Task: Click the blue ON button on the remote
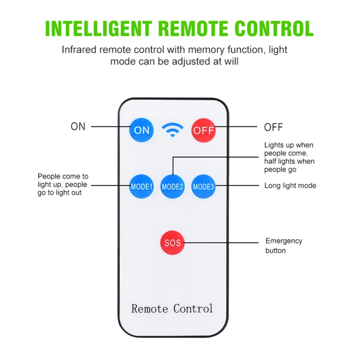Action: (141, 130)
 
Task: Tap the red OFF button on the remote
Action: (203, 130)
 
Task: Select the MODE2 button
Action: (172, 186)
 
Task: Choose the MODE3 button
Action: (203, 186)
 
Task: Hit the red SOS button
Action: (172, 243)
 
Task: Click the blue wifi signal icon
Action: (173, 130)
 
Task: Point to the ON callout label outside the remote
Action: (78, 126)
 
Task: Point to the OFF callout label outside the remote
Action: (273, 127)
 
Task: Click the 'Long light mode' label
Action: (290, 185)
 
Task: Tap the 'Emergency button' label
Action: (284, 245)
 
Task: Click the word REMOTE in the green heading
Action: (193, 28)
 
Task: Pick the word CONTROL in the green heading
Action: (274, 28)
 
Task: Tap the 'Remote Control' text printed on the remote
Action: (172, 309)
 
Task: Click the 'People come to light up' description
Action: (63, 184)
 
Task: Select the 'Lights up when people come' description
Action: (289, 157)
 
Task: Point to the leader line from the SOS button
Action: (221, 243)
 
